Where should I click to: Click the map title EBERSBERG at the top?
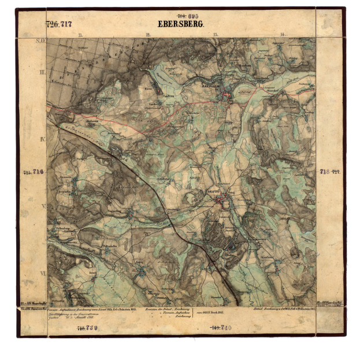tap(180, 24)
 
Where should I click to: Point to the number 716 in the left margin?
tap(38, 172)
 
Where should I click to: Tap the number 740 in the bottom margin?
tap(222, 328)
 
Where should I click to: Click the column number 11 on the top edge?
tap(80, 35)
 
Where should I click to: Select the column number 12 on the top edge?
tap(148, 35)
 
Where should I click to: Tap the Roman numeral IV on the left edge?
tap(42, 139)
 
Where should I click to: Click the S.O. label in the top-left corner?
tap(41, 41)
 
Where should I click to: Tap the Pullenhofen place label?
tap(110, 245)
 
